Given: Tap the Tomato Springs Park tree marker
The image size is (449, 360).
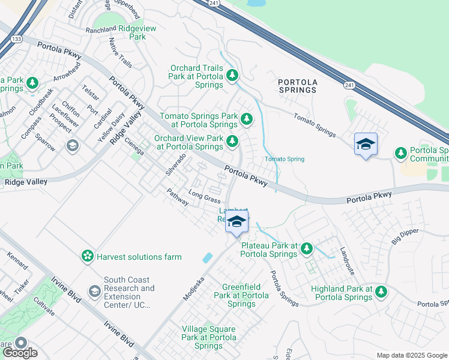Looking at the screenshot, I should click(246, 119).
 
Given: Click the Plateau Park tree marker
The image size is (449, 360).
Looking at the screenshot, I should click(307, 248).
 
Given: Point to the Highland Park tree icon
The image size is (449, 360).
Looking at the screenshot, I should click(381, 292).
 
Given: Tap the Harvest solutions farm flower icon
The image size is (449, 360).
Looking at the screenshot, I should click(88, 257).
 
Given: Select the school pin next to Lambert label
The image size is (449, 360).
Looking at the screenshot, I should click(237, 221).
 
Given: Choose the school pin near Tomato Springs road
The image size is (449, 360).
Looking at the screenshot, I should click(366, 145).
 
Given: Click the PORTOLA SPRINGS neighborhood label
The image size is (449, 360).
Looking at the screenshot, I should click(297, 85).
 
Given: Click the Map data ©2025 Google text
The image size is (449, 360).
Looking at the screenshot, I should click(412, 355).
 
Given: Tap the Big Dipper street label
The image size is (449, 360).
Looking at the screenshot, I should click(405, 235).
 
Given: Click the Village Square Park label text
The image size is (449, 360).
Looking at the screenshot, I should click(208, 337).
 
